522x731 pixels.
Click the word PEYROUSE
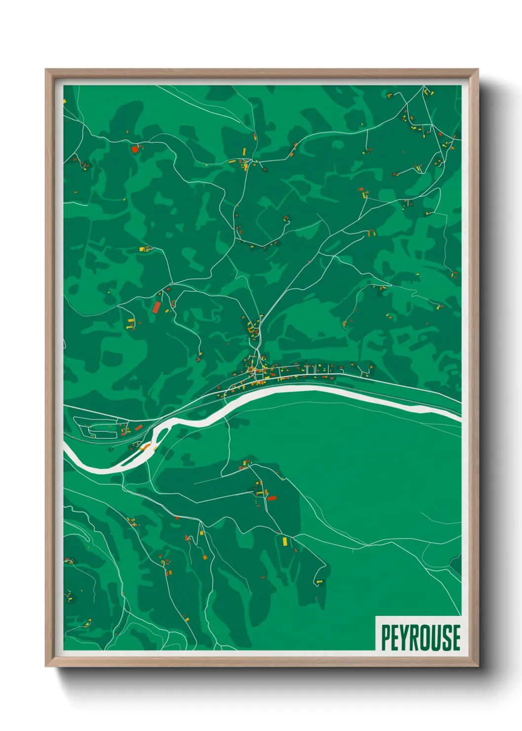click(421, 638)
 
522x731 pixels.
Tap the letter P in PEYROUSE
click(386, 638)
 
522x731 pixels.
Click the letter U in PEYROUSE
click(437, 638)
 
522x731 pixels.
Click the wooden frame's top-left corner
click(46, 70)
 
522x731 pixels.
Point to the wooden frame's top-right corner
click(477, 70)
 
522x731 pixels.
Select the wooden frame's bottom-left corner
click(46, 666)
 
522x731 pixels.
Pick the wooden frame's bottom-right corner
click(477, 666)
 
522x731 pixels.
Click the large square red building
click(135, 149)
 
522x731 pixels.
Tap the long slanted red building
click(156, 307)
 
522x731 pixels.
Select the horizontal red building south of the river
click(272, 498)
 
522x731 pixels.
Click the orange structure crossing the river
click(145, 447)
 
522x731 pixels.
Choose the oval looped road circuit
click(99, 427)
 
